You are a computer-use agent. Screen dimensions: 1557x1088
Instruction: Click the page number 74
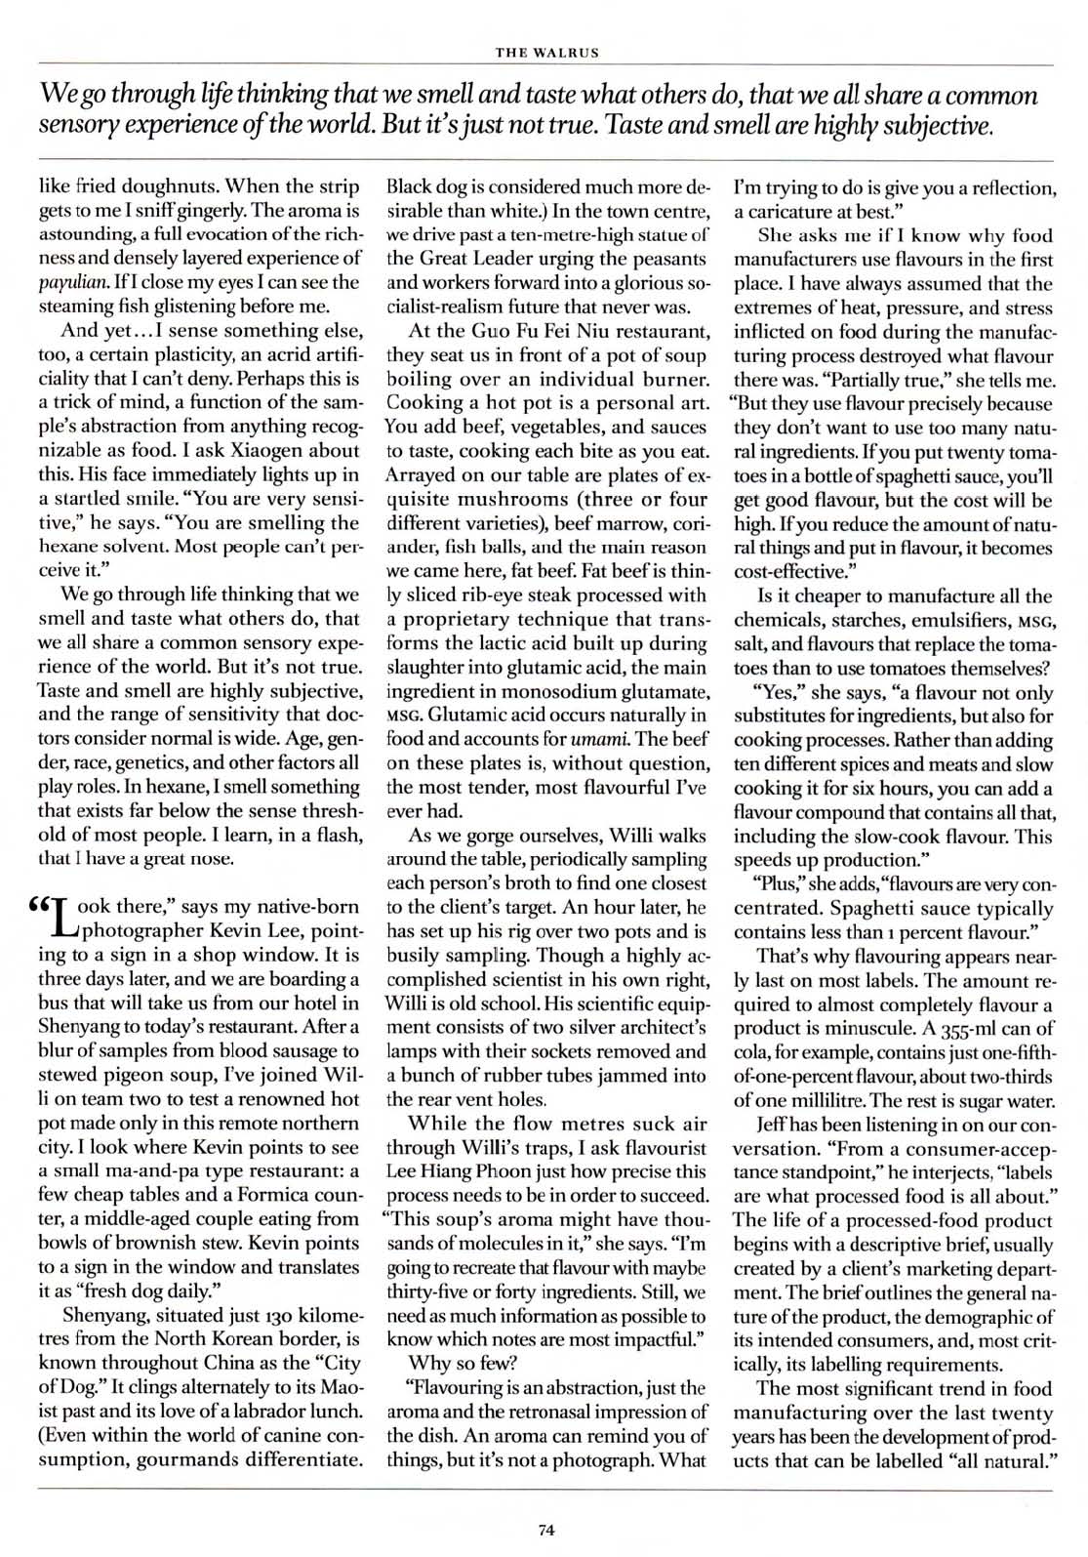tap(545, 1530)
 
